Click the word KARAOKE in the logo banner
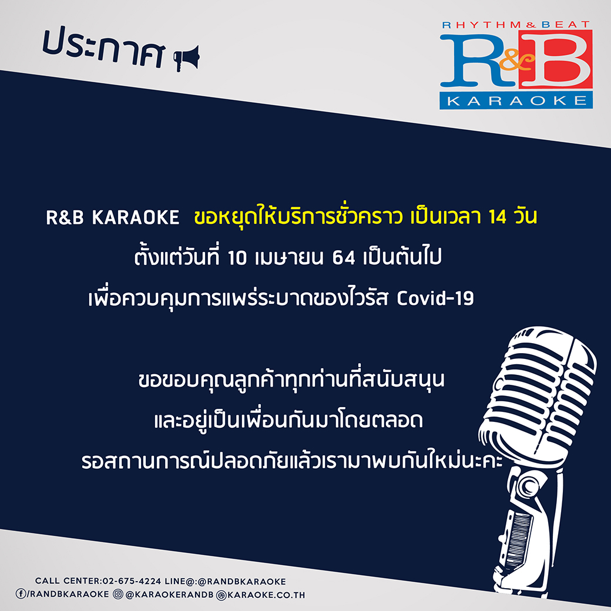point(516,101)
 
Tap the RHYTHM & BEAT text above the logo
point(516,25)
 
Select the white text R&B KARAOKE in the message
point(113,217)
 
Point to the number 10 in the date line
point(238,258)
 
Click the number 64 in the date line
point(344,258)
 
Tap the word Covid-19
point(435,299)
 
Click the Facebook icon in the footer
point(21,594)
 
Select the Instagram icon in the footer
point(118,594)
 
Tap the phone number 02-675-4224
point(132,581)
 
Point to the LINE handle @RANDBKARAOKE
point(241,582)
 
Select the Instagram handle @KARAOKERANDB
point(170,595)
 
